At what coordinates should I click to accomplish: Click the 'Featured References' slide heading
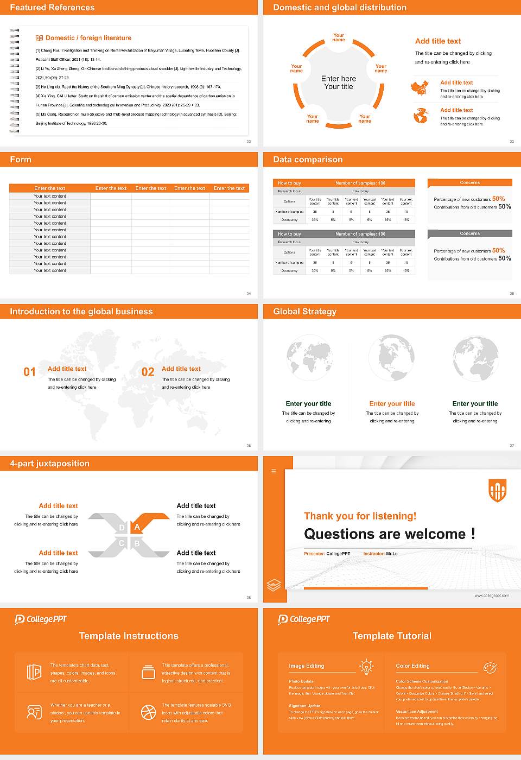pos(52,8)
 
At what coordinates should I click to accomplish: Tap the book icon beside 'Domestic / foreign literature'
pos(39,38)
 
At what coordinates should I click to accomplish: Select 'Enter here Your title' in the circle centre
pos(339,83)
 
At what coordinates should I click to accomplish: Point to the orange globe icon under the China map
pos(421,116)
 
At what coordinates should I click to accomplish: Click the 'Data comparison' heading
pos(308,160)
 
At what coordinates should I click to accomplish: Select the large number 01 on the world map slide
pos(29,372)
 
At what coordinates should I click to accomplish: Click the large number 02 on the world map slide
pos(148,372)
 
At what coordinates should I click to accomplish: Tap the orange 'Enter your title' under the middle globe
pos(392,404)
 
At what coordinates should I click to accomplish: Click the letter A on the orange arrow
pos(137,527)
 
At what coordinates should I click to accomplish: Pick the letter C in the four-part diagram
pos(122,543)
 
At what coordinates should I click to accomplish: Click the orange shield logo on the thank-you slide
pos(497,490)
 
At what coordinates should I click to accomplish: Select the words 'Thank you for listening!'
pos(360,516)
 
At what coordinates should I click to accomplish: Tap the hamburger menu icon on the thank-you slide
pos(274,471)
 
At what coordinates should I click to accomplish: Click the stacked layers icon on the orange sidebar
pos(274,585)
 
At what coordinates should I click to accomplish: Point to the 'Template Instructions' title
pos(129,636)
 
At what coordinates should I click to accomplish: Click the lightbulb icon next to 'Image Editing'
pos(366,667)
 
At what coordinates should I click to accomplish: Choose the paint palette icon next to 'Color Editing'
pos(490,667)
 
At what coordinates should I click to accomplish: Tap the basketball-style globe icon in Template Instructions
pos(148,712)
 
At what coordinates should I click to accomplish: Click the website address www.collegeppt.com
pos(491,596)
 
